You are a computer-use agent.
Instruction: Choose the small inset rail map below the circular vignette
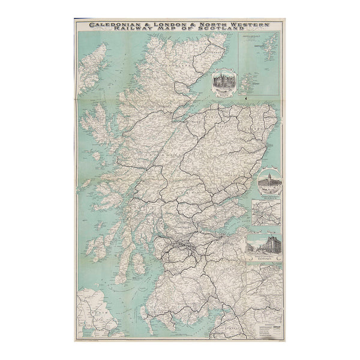(266, 213)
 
